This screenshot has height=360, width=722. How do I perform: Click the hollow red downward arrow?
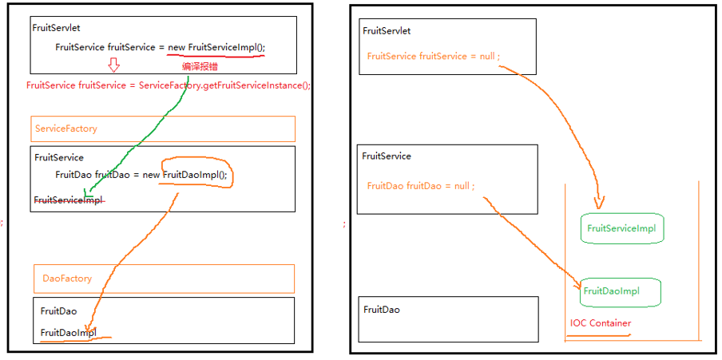point(113,65)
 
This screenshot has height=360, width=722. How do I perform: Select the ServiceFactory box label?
point(66,129)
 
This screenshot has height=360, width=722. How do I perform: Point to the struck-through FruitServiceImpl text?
point(69,200)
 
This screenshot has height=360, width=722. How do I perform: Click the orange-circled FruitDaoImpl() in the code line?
point(196,175)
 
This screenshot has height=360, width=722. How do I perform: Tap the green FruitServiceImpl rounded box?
point(621,228)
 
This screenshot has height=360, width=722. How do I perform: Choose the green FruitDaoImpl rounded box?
point(611,291)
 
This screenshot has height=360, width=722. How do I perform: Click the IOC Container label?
point(601,323)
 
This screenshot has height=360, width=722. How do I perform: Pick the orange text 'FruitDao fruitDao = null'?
point(420,186)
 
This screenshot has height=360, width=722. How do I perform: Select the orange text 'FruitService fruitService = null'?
point(433,57)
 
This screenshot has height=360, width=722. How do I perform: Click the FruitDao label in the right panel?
point(381,309)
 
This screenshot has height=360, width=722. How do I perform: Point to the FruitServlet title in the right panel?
point(387,31)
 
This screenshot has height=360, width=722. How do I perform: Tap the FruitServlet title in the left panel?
point(54,27)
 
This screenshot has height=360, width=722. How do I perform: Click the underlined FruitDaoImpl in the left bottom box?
point(68,332)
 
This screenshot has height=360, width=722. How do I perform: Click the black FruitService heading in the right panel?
point(387,156)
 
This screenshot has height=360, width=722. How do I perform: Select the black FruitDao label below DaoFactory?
point(58,311)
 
